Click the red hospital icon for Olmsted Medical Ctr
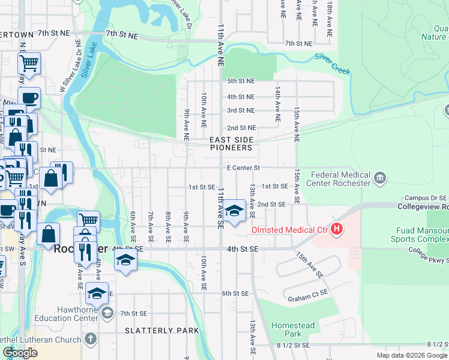[337, 229]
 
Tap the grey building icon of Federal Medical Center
[379, 178]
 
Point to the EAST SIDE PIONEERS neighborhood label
[231, 143]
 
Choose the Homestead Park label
[292, 329]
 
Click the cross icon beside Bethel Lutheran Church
[90, 340]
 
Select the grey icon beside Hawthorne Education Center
[107, 312]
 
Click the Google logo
[20, 353]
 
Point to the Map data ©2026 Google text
[411, 355]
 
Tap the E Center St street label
[243, 169]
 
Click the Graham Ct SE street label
[308, 292]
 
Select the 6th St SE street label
[235, 293]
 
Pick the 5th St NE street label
[241, 81]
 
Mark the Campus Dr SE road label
[426, 197]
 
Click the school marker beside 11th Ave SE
[234, 211]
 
